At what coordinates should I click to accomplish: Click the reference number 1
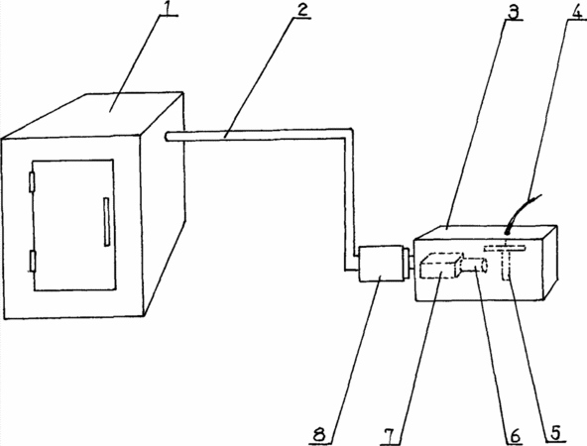tap(169, 8)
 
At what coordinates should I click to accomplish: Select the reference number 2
tap(301, 9)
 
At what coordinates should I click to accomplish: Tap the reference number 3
tap(514, 12)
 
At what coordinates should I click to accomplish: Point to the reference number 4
tap(576, 11)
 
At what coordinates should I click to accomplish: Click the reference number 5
tap(556, 432)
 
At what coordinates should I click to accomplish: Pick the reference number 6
tap(516, 435)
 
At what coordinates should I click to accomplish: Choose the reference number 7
tap(389, 436)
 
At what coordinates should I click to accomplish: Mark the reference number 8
tap(319, 435)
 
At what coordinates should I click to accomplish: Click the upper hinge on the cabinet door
tap(32, 182)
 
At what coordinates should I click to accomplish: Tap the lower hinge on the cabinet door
tap(33, 261)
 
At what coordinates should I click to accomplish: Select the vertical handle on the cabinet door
tap(107, 222)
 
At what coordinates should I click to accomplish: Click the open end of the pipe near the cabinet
tap(167, 137)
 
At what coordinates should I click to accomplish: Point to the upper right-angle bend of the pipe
tap(349, 133)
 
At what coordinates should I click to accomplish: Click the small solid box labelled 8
tap(381, 263)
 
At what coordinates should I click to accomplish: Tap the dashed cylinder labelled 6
tap(475, 266)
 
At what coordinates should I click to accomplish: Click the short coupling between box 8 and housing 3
tap(409, 264)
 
